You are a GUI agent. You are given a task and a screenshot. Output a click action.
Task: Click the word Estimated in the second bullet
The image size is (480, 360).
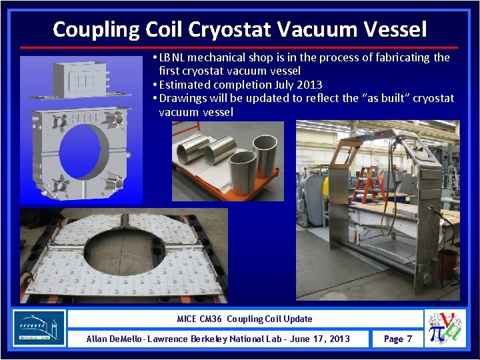186,85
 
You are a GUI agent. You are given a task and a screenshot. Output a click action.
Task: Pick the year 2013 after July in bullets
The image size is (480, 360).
308,85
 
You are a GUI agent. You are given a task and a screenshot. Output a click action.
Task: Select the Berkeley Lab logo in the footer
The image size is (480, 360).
39,328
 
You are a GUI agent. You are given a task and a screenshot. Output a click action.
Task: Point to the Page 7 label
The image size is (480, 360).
398,339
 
